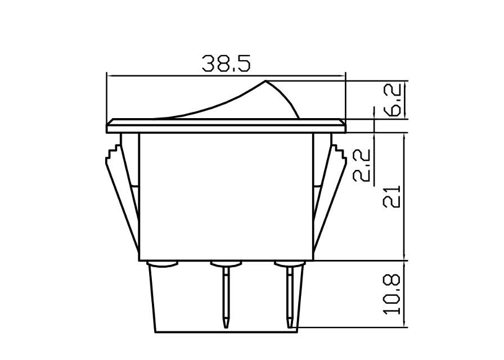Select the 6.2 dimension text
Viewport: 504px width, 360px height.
pos(395,100)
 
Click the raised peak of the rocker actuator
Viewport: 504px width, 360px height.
pos(265,83)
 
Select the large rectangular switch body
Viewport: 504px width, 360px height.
pos(226,197)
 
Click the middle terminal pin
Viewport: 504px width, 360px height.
pos(226,295)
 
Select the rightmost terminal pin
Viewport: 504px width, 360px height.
pos(290,295)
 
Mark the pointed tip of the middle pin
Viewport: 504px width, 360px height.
pos(226,325)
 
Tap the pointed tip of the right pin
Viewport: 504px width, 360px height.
pos(290,325)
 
